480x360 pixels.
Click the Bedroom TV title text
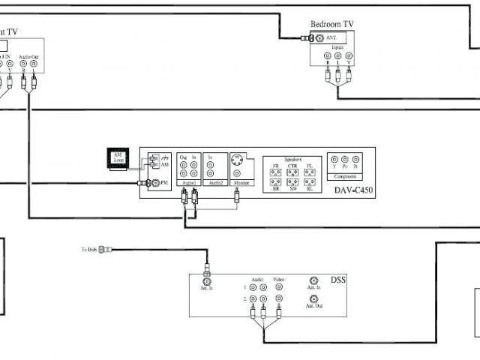click(x=332, y=24)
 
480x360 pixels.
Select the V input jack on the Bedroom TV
click(x=349, y=55)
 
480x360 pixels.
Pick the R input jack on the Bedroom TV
click(x=328, y=55)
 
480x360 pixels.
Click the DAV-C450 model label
click(x=353, y=191)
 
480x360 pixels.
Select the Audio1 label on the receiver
click(x=189, y=183)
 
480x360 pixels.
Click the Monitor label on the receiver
click(x=241, y=183)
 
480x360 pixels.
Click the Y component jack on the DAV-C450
click(x=334, y=159)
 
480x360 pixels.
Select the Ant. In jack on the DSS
click(x=314, y=278)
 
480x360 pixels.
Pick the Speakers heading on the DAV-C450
click(x=292, y=160)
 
